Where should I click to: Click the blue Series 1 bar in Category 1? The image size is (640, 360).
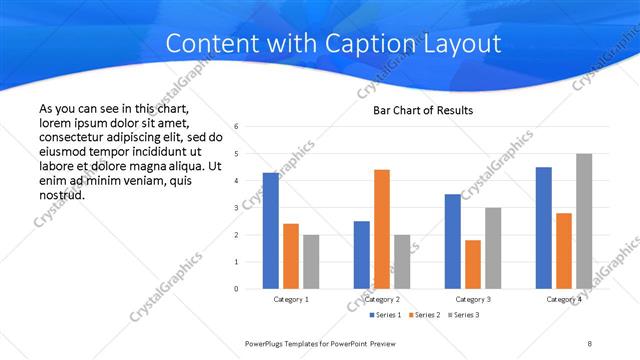click(271, 231)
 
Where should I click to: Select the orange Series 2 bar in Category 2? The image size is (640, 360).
click(382, 229)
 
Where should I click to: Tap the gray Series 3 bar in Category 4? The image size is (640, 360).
click(584, 221)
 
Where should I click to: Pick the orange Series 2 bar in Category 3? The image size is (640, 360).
click(473, 264)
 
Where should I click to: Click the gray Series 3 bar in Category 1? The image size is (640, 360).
click(311, 262)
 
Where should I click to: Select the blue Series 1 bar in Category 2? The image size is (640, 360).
click(362, 255)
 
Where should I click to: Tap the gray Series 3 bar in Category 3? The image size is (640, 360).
click(493, 248)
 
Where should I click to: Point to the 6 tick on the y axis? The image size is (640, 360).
click(235, 127)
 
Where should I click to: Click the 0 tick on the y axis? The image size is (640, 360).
click(235, 289)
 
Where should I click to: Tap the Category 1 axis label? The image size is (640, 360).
click(291, 299)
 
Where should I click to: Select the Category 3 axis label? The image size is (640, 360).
click(473, 299)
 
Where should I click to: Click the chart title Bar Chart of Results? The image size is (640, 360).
click(423, 110)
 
